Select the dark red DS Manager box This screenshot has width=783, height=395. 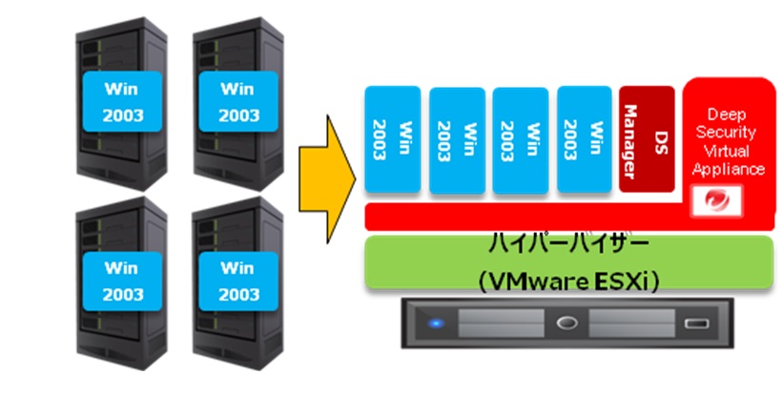click(x=646, y=139)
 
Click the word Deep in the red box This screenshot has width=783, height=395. click(x=730, y=114)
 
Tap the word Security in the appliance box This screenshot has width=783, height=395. click(x=730, y=133)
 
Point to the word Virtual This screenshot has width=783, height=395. click(x=730, y=151)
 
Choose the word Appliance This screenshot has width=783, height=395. click(x=730, y=169)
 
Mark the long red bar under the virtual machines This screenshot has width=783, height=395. click(x=525, y=217)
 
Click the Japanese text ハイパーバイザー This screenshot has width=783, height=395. click(x=569, y=244)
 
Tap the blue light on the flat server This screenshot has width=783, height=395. click(x=436, y=323)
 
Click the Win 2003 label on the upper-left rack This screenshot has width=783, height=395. click(x=121, y=103)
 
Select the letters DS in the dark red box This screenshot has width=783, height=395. click(x=658, y=139)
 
